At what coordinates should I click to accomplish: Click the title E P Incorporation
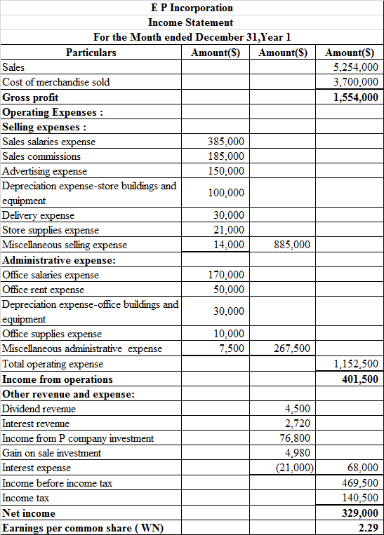coord(191,8)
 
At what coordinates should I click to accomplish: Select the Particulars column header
coord(91,53)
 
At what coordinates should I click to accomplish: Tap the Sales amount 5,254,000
coord(356,67)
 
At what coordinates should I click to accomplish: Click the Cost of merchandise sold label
coord(56,82)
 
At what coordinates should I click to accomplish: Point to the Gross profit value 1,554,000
coord(356,97)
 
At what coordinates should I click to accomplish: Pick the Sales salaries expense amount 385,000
coord(227,142)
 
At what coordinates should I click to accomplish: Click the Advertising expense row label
coord(45,171)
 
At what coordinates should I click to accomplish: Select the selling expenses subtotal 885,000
coord(291,245)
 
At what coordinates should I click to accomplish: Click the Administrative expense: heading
coord(60,260)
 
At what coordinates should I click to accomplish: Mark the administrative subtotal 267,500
coord(291,348)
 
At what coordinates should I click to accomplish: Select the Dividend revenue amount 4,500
coord(297,409)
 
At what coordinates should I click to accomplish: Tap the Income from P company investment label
coord(78,438)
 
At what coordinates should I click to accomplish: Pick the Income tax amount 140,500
coord(359,498)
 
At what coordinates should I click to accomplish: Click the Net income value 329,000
coord(359,513)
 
